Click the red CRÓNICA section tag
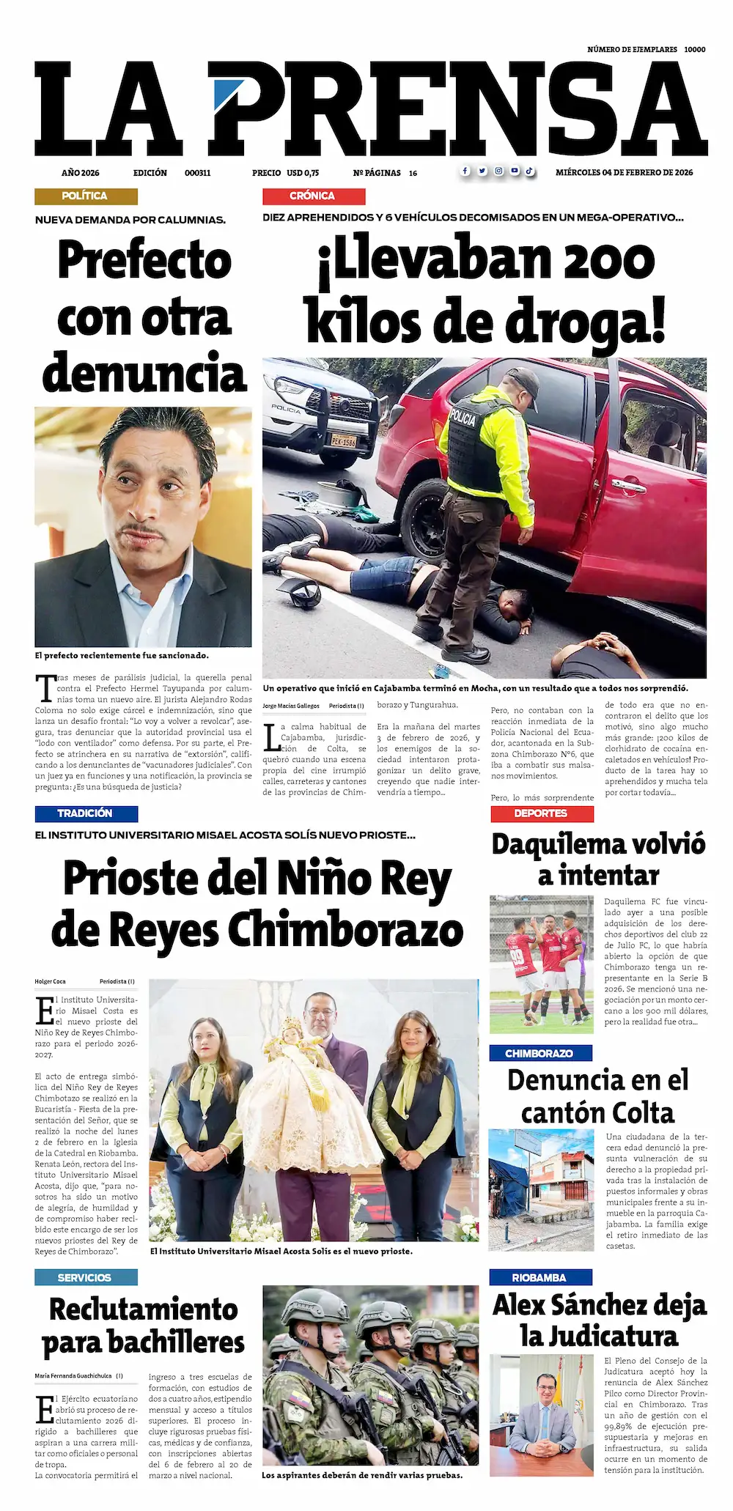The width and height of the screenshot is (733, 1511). tap(313, 196)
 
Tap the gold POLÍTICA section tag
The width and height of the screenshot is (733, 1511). tap(85, 196)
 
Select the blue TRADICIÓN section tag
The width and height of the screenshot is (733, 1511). tap(86, 813)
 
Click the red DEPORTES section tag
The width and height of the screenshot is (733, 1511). tap(541, 813)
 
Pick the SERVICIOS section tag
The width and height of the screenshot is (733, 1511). tap(85, 1277)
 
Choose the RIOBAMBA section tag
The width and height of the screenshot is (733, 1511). tap(539, 1277)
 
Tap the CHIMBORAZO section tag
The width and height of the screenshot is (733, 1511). tap(539, 1053)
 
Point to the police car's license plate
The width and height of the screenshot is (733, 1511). tap(343, 441)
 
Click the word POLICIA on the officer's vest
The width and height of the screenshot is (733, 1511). tap(463, 418)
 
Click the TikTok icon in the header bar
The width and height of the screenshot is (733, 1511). tap(529, 171)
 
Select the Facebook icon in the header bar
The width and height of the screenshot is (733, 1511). tap(465, 171)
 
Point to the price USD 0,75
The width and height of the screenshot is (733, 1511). tap(303, 173)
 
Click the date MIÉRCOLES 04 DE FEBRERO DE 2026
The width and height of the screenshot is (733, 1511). tap(624, 173)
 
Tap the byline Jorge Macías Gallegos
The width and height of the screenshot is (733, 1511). tap(291, 706)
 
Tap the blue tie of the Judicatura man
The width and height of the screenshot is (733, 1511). tap(543, 1418)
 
